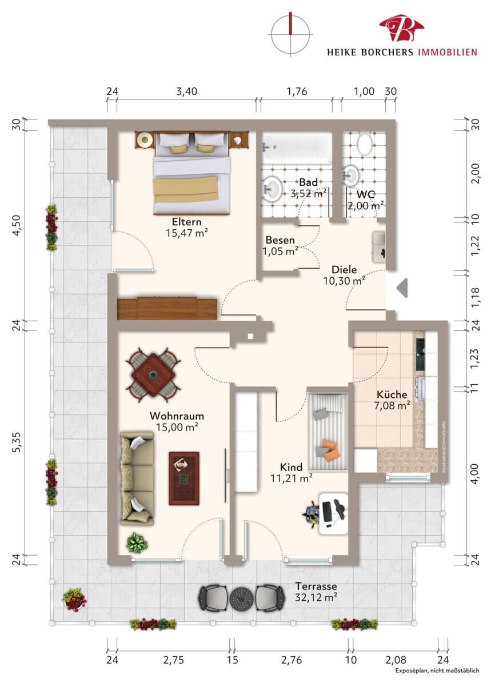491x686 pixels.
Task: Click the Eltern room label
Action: tap(186, 221)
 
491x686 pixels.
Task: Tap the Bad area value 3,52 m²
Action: tap(308, 194)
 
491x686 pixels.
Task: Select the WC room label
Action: tap(365, 194)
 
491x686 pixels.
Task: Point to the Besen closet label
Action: tap(280, 240)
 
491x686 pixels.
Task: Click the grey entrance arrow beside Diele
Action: tap(402, 288)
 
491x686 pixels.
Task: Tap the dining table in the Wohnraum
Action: tap(153, 375)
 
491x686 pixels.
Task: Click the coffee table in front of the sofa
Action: tap(184, 478)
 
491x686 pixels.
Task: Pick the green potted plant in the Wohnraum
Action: tap(137, 543)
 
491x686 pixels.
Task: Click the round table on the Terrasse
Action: tap(242, 597)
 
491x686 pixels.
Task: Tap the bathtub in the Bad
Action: tap(297, 147)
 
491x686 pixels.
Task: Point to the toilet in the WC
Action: tap(365, 144)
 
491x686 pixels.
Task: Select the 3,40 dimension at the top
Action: tap(186, 91)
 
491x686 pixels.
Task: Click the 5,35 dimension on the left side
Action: tap(18, 441)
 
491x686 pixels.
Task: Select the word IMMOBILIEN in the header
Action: tap(446, 52)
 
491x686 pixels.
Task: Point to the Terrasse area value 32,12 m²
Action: tap(316, 597)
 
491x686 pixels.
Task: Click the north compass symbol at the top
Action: tap(290, 34)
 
